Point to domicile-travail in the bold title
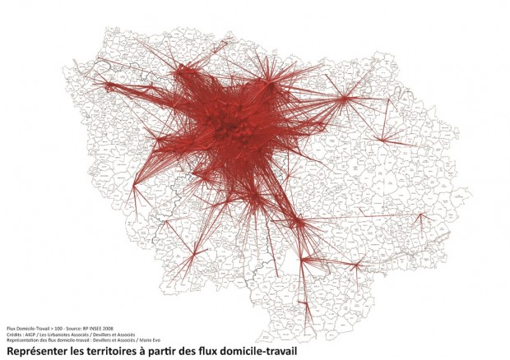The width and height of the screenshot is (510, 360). [255, 351]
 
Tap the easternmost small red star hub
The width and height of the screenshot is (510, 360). [421, 218]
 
